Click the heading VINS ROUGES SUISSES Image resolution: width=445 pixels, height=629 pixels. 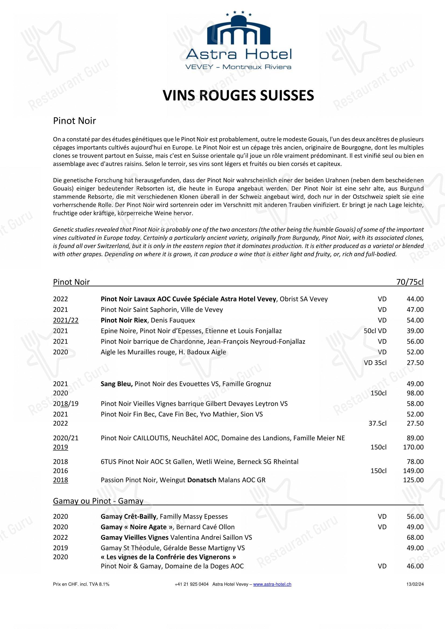coord(238,96)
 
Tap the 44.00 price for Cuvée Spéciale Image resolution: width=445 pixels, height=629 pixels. coord(415,299)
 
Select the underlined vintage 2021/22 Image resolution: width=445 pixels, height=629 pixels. coord(66,320)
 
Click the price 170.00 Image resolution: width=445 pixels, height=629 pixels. coord(413,447)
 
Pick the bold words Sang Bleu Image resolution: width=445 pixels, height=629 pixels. coord(117,384)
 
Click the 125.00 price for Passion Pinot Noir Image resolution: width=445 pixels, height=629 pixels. coord(413,480)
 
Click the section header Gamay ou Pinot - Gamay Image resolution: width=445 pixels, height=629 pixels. coord(98,501)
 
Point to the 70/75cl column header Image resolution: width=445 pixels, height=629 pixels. coord(410,282)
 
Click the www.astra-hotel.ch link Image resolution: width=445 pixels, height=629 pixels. coord(272,584)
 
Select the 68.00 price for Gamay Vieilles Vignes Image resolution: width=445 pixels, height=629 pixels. coord(415,538)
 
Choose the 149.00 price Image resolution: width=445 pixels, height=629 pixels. coord(413,471)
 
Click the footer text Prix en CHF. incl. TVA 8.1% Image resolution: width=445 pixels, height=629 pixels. coord(81,584)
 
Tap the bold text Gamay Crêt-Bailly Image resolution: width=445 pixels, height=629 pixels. coord(128,516)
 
